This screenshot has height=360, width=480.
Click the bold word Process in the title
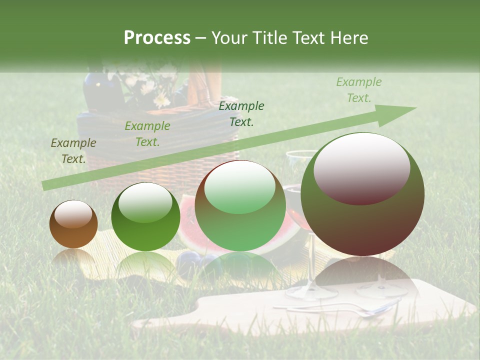click(157, 38)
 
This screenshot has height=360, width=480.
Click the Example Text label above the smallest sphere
click(73, 151)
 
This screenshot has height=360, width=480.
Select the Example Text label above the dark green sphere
click(147, 134)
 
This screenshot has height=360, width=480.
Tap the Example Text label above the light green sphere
click(241, 113)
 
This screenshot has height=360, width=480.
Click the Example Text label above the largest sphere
click(358, 90)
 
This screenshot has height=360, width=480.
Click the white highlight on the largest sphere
click(361, 167)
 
